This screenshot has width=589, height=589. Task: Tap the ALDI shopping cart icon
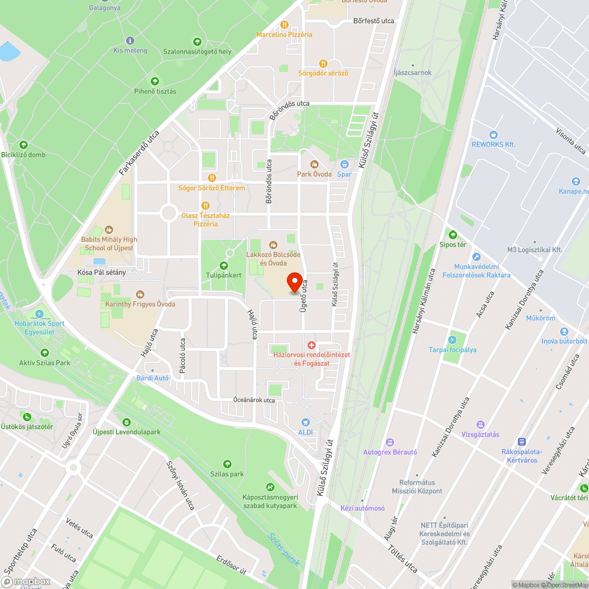[x=305, y=422]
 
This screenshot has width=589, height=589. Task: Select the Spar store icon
[x=345, y=164]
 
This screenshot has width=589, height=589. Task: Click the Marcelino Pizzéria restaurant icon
[x=284, y=25]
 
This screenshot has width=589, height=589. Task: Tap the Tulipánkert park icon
[x=224, y=266]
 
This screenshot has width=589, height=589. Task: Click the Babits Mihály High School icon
[x=109, y=230]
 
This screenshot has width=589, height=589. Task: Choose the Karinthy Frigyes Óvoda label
[x=140, y=304]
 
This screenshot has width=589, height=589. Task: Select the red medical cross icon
[x=312, y=345]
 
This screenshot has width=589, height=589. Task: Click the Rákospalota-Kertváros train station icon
[x=521, y=442]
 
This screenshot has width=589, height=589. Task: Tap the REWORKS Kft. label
[x=494, y=144]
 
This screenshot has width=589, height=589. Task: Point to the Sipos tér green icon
[x=452, y=234]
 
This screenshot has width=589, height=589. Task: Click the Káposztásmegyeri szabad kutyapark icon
[x=270, y=487]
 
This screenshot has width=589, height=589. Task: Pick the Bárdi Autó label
[x=153, y=378]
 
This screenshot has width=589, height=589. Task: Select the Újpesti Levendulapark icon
[x=127, y=422]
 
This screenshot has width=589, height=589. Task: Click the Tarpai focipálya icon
[x=452, y=340]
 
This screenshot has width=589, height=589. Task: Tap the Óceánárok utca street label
[x=253, y=401]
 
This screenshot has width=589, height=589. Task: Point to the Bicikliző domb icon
[x=24, y=145]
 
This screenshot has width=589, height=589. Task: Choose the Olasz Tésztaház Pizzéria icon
[x=205, y=206]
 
